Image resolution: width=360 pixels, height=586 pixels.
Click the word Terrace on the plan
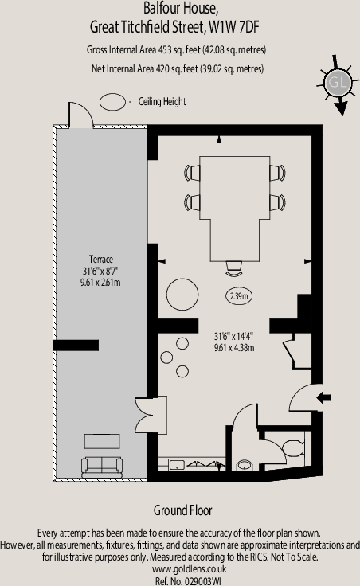(100, 260)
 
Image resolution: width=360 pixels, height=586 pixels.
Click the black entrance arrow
(323, 397)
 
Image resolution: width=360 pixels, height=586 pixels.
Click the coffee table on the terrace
(102, 441)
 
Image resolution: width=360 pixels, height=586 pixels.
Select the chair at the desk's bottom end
(234, 266)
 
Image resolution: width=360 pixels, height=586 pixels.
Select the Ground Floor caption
(182, 510)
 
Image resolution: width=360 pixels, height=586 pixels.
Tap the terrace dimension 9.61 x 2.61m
(100, 282)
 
